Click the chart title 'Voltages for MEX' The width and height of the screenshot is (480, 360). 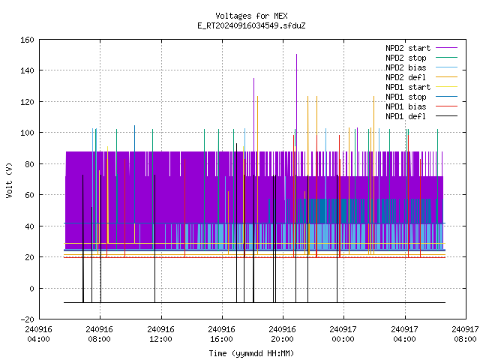251,16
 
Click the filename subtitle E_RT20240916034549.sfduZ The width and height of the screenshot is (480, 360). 251,25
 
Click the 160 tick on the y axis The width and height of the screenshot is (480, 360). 27,40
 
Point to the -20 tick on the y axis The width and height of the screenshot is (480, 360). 27,319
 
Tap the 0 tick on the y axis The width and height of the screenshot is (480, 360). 31,288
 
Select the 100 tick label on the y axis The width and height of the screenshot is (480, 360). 27,133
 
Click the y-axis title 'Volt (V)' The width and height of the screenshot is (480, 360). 9,181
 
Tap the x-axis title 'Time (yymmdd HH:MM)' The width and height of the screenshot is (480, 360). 251,353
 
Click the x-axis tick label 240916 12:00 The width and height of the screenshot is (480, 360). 160,334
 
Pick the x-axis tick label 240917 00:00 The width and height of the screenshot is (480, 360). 343,334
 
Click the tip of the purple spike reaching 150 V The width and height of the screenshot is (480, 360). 297,55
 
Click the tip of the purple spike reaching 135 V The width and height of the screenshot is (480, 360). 253,78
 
